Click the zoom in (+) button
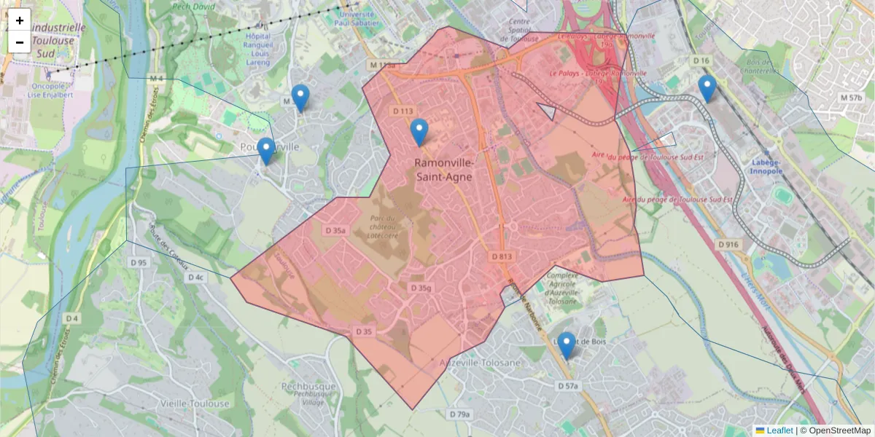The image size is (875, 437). (20, 20)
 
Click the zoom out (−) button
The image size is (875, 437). (20, 42)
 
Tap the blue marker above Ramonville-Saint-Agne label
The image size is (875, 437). (419, 132)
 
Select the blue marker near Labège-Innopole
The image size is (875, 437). (707, 88)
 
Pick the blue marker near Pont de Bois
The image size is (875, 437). (566, 345)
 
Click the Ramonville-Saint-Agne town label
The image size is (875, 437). (443, 170)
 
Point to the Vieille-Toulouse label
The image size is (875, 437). (195, 403)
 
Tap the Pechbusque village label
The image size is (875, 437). (309, 387)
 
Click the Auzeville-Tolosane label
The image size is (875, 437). (481, 363)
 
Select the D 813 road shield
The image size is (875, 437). (502, 256)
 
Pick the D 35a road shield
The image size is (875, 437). (335, 230)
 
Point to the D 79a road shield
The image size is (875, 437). (459, 414)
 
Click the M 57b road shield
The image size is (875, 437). (850, 98)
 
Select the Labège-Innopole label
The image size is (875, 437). (763, 167)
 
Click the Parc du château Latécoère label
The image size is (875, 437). (381, 227)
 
